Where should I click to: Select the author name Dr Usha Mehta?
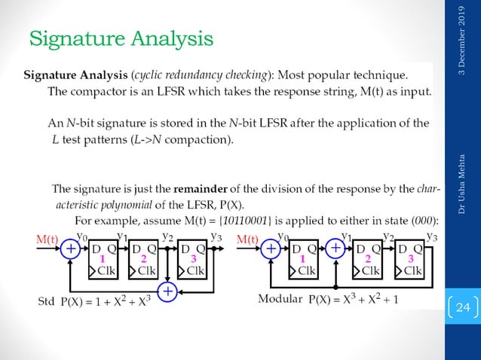(461, 185)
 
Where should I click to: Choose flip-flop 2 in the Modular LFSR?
(369, 258)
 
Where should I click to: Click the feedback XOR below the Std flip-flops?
(167, 291)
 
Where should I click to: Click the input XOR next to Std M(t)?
(70, 248)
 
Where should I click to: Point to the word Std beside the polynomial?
(45, 301)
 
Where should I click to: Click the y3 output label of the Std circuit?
(216, 236)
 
